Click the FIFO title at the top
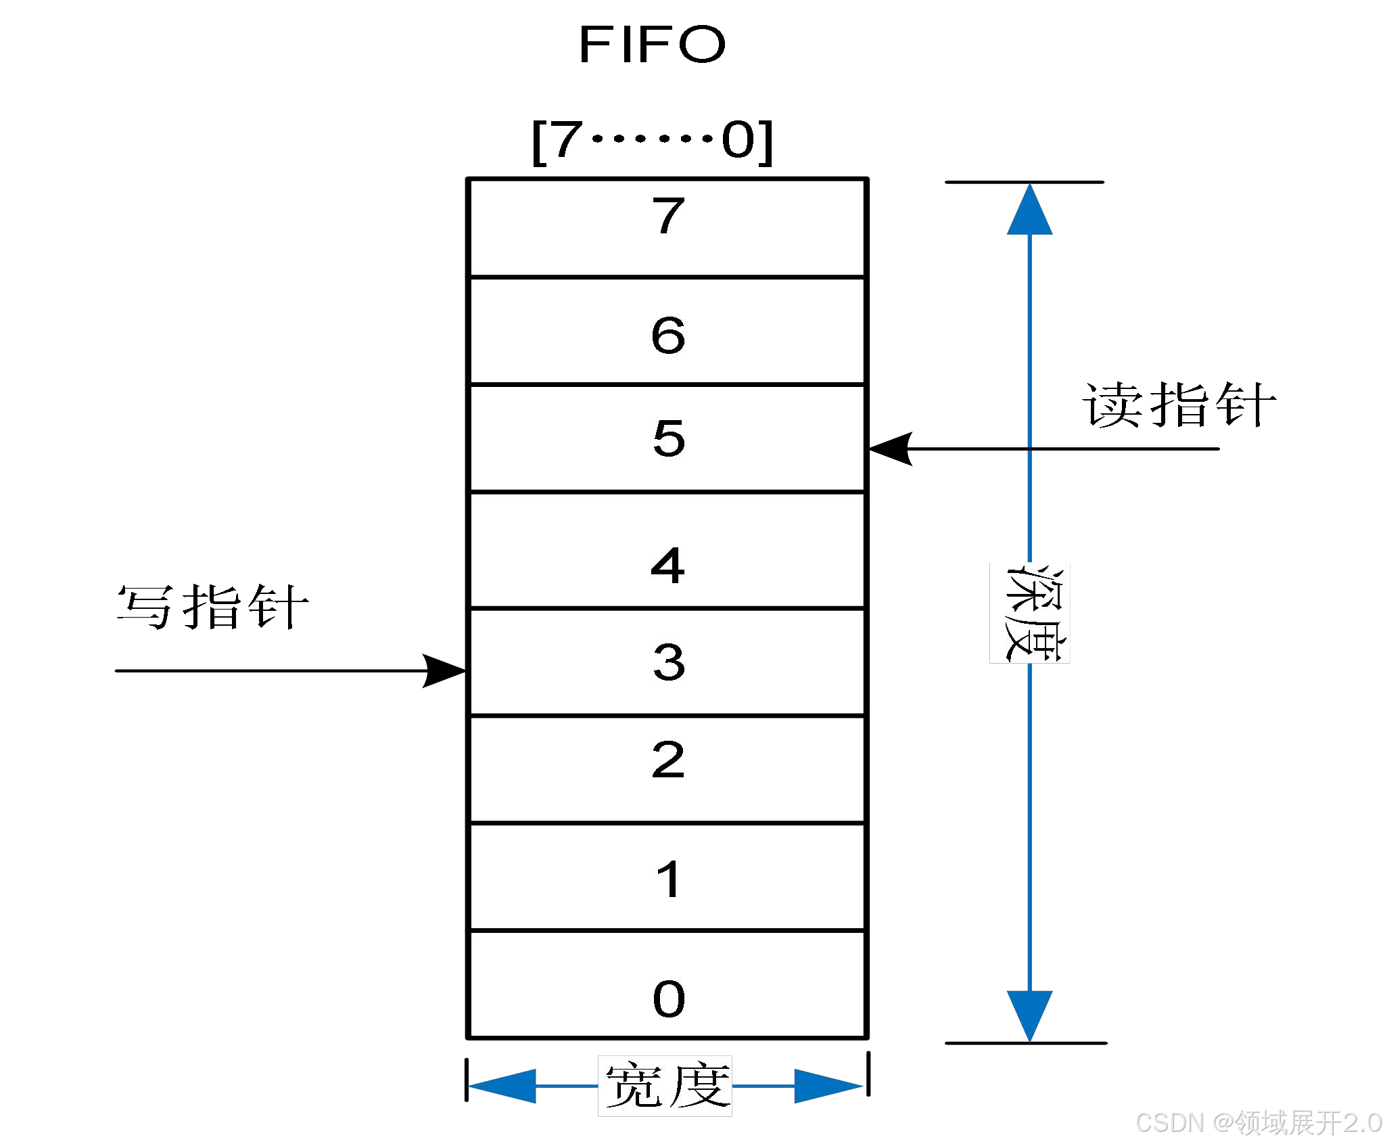tap(652, 45)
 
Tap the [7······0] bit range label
tap(652, 141)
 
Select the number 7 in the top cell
tap(668, 216)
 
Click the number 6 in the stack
tap(668, 335)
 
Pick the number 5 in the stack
tap(669, 438)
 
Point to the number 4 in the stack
tap(667, 566)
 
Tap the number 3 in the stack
tap(669, 662)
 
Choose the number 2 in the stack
tap(668, 760)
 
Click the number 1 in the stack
tap(669, 879)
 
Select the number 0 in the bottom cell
tap(669, 999)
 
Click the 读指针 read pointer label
tap(1179, 405)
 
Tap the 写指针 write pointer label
tap(212, 607)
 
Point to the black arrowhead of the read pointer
tap(891, 449)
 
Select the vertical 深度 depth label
tap(1030, 613)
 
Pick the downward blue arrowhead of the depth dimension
tap(1029, 1015)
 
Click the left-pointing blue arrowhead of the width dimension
tap(502, 1086)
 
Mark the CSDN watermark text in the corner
tap(1259, 1123)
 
